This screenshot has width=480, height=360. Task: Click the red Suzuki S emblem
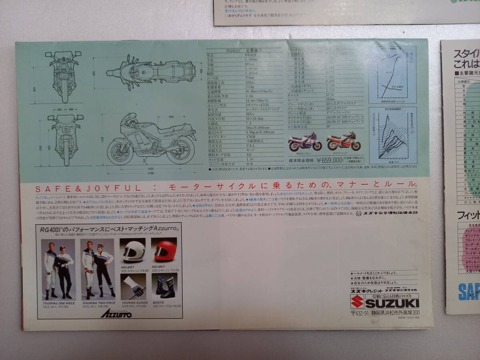pos(357,302)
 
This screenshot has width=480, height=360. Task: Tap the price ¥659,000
pos(329,160)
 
